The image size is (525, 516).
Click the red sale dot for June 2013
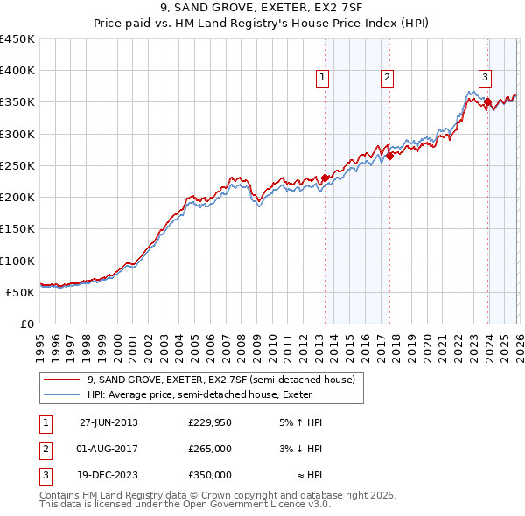[325, 178]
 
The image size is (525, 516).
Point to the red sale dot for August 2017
[390, 156]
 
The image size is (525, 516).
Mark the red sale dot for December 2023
[487, 101]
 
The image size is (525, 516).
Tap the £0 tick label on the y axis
[27, 324]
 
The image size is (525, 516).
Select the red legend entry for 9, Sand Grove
[220, 380]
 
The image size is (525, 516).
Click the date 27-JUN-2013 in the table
[108, 422]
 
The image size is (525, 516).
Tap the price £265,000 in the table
[209, 449]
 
